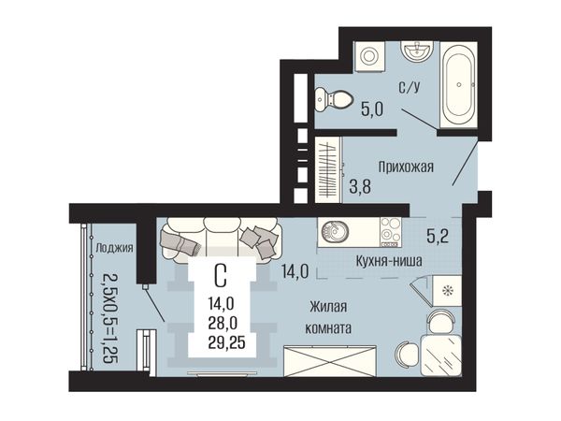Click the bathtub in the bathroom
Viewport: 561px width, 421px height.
tap(459, 85)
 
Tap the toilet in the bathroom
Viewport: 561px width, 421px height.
tap(333, 99)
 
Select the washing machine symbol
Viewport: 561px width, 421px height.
tap(369, 56)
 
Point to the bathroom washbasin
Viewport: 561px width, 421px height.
tap(417, 51)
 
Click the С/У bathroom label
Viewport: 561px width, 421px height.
tap(410, 87)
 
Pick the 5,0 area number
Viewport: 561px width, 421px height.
tap(372, 109)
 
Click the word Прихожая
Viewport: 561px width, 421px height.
tap(406, 167)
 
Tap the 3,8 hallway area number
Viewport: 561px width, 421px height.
tap(360, 186)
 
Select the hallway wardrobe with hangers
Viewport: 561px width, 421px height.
tap(328, 169)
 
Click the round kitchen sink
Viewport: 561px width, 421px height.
tap(334, 231)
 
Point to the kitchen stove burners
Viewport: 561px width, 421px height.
tap(390, 232)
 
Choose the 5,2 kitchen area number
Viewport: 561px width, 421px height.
tap(438, 236)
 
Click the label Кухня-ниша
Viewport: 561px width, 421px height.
tap(389, 261)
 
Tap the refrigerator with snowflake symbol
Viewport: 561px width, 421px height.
tap(446, 290)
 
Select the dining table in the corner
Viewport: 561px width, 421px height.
tap(441, 356)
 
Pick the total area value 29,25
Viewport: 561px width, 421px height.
tap(227, 343)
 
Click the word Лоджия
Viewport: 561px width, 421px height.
tap(114, 248)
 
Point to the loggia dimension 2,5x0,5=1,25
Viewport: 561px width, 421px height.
tap(110, 319)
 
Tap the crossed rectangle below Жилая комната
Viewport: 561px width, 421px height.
tap(330, 361)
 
